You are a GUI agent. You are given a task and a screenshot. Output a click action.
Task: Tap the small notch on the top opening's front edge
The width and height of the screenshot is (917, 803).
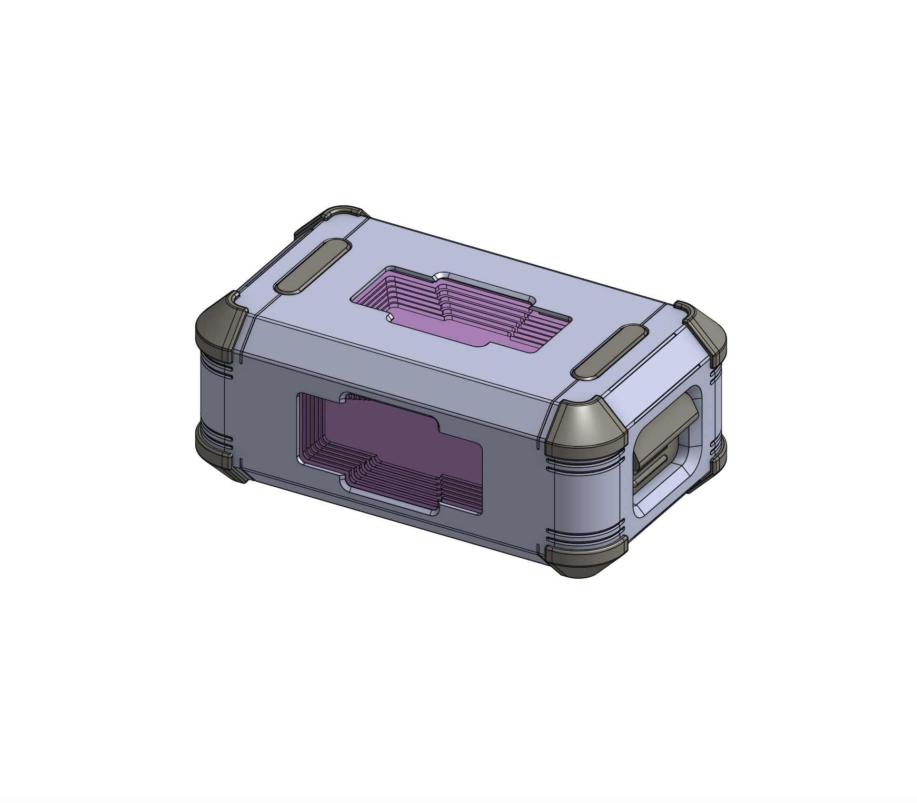coord(390,318)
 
